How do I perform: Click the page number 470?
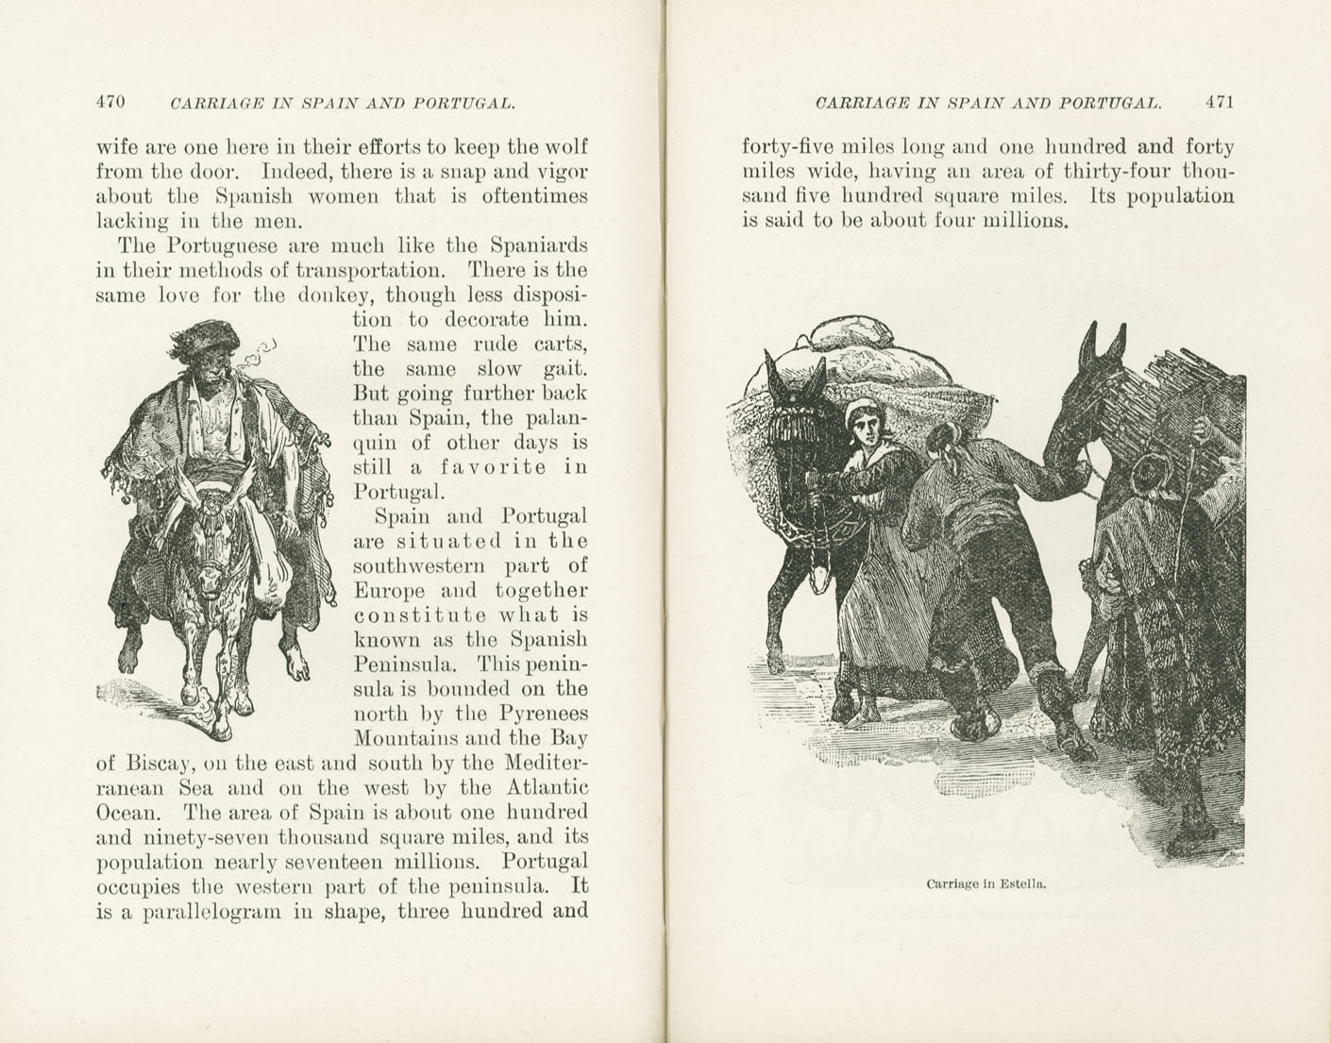click(x=110, y=102)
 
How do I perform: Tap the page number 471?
click(x=1220, y=102)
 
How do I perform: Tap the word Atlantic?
click(x=548, y=787)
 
